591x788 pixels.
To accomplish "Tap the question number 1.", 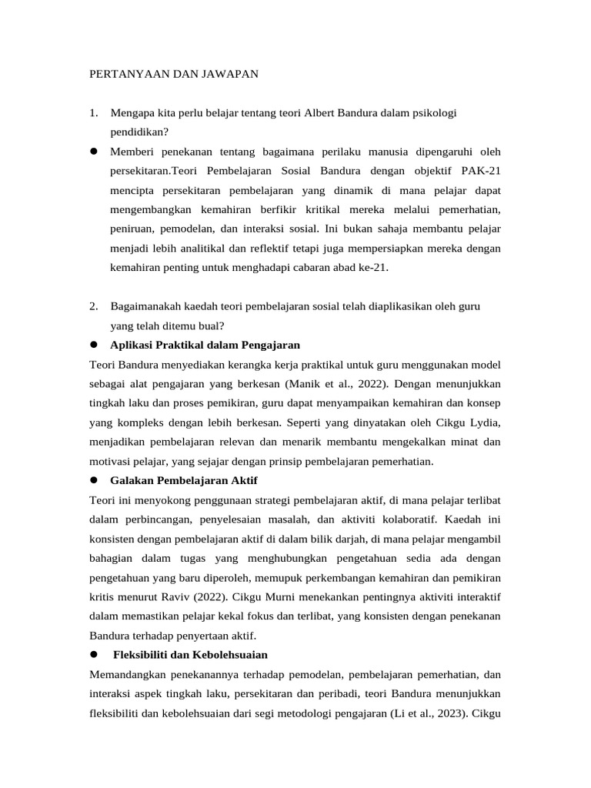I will [93, 113].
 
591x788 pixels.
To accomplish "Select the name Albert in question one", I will [321, 113].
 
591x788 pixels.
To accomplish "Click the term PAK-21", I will [481, 170].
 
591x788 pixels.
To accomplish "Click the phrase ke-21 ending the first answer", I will [373, 268].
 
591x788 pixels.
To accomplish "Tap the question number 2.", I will [93, 306].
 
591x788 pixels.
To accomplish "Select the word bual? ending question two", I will [209, 326].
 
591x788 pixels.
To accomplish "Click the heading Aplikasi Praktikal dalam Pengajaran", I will [205, 345].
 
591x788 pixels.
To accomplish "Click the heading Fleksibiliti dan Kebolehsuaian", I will [190, 655].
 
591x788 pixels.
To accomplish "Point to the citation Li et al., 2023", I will [428, 713].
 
